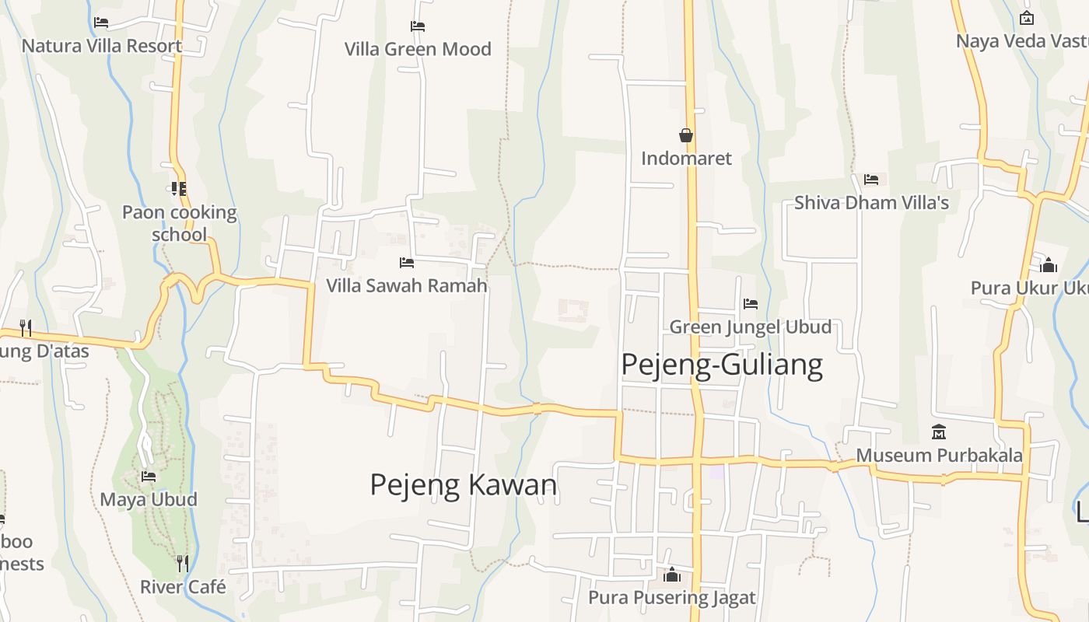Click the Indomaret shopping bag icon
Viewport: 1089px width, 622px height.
tap(686, 135)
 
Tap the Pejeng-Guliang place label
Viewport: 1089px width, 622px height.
tap(721, 365)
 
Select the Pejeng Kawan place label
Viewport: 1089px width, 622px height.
tap(463, 484)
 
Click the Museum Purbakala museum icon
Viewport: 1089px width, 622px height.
tap(939, 432)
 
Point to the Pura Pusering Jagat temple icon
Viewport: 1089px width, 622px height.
tap(671, 575)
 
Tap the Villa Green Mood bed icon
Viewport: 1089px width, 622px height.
tap(418, 26)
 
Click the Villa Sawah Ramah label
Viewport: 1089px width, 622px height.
tap(406, 285)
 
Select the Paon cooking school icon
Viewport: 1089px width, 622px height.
tap(179, 188)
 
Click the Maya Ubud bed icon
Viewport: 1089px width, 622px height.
tap(149, 476)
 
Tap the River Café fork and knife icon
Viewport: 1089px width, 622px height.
tap(182, 562)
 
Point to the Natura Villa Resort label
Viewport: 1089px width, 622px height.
tap(102, 46)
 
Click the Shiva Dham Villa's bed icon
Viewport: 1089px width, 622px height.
tap(871, 180)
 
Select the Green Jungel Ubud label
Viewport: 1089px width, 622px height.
tap(750, 327)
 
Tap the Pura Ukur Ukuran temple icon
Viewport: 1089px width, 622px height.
tap(1049, 264)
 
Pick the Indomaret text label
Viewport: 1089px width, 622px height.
tap(686, 159)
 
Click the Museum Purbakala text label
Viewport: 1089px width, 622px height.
tap(939, 456)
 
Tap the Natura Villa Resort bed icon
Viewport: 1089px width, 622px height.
tap(101, 22)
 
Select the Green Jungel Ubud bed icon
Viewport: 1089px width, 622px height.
tap(750, 303)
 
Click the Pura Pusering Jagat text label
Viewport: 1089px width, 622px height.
tap(671, 598)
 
